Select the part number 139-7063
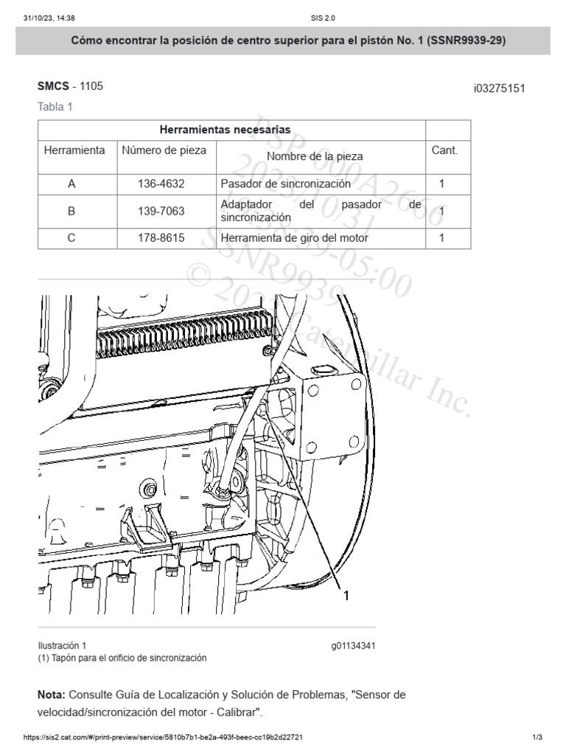point(161,212)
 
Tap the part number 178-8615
point(161,238)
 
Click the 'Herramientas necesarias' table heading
point(225,130)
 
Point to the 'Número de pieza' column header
point(164,150)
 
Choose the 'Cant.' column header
point(444,150)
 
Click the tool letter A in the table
point(71,184)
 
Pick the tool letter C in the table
point(71,238)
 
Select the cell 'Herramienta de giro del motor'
point(294,238)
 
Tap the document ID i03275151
point(499,88)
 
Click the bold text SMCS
point(53,86)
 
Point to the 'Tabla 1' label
point(55,107)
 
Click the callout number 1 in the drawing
point(346,596)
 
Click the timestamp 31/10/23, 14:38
point(49,18)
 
